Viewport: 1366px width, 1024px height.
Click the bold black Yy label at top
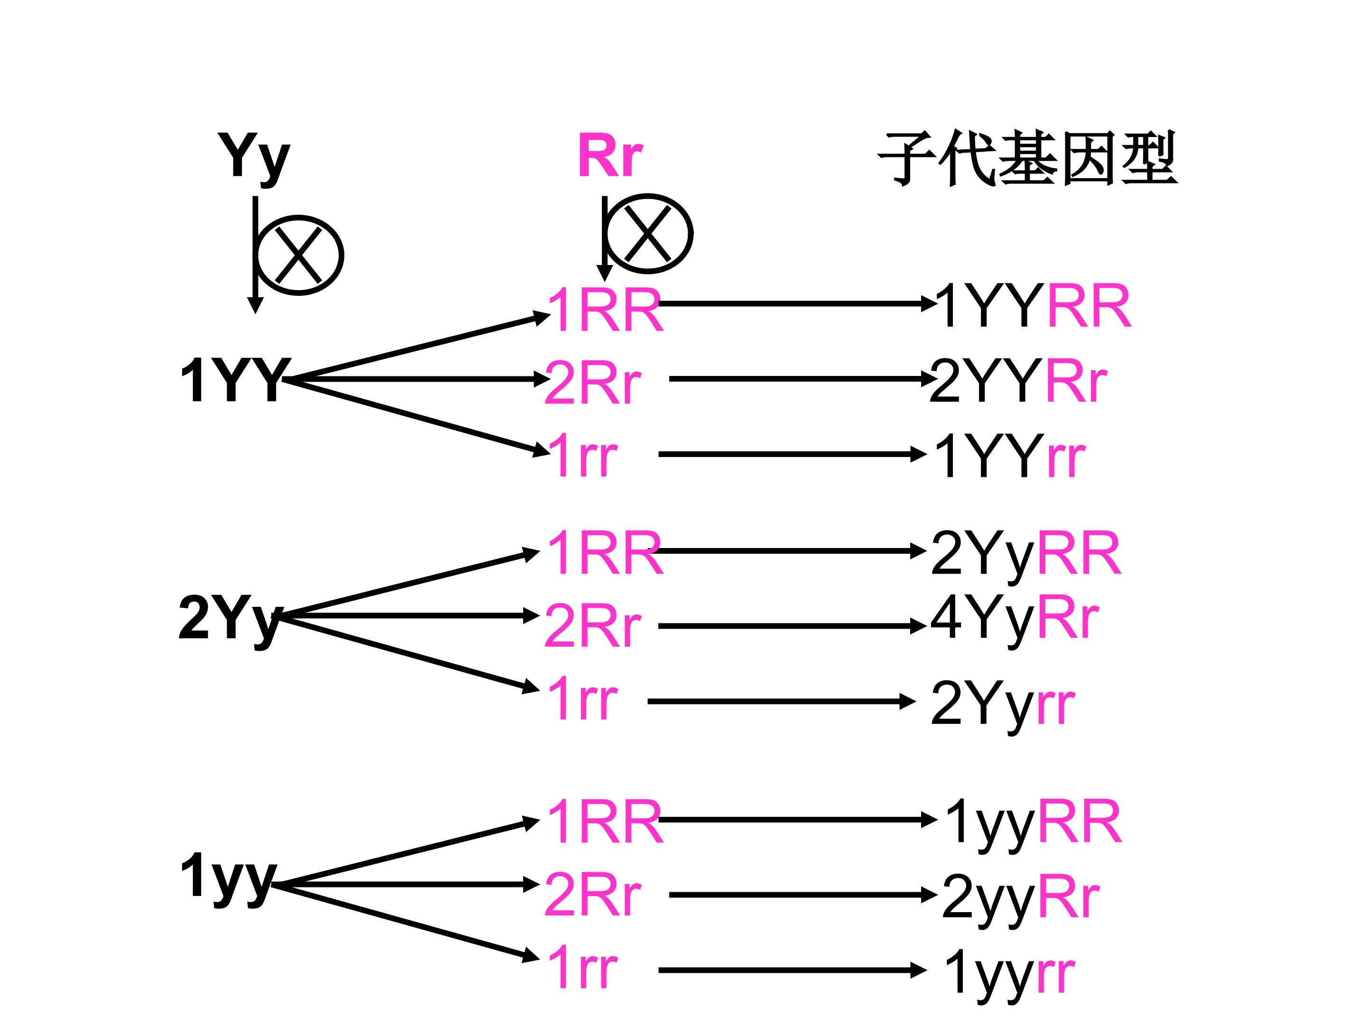pyautogui.click(x=253, y=157)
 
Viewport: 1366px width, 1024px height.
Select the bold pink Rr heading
pyautogui.click(x=609, y=156)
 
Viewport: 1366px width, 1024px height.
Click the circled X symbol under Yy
pyautogui.click(x=299, y=255)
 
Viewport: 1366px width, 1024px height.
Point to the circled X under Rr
pyautogui.click(x=648, y=233)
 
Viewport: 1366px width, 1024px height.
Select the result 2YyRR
pyautogui.click(x=1025, y=554)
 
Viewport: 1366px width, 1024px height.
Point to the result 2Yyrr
pyautogui.click(x=1002, y=704)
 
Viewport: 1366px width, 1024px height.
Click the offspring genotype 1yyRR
pyautogui.click(x=1033, y=822)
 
